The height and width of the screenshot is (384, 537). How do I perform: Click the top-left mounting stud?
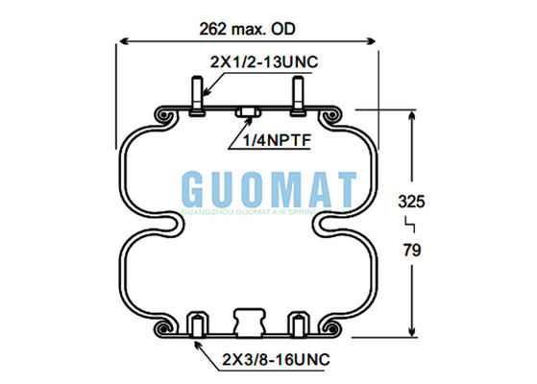(198, 97)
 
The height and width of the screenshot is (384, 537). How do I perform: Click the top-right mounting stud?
(297, 97)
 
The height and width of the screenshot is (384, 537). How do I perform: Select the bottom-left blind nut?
(198, 324)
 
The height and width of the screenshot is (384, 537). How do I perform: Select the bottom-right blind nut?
(297, 324)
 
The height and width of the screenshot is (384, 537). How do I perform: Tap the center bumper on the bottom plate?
(248, 321)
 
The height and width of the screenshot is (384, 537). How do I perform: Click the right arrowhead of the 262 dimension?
(373, 42)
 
